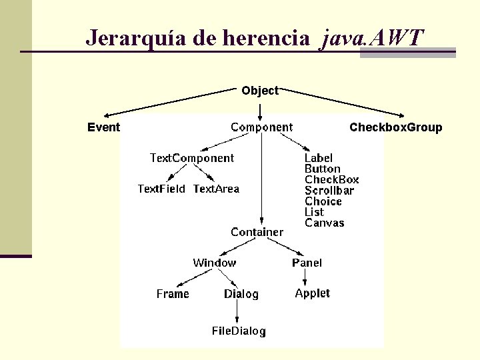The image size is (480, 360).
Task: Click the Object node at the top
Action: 260,91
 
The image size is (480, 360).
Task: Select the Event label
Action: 103,127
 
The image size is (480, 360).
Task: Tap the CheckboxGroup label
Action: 395,127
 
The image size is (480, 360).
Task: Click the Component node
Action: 261,127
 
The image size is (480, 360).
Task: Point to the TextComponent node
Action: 192,158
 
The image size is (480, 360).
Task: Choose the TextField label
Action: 161,189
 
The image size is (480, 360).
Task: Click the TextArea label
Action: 216,189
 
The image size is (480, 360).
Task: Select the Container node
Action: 257,232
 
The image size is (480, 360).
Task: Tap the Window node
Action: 214,263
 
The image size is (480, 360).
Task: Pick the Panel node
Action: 307,263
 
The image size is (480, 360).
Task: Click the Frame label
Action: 173,294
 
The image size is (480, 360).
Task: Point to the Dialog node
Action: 241,294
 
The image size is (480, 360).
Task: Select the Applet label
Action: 312,293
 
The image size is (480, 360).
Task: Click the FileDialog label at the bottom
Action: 239,331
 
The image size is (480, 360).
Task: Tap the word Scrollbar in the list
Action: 329,191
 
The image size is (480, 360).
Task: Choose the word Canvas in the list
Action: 325,223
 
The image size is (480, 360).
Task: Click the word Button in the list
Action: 322,169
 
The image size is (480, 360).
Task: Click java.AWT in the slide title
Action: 371,37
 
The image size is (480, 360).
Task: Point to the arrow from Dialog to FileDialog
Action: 240,312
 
